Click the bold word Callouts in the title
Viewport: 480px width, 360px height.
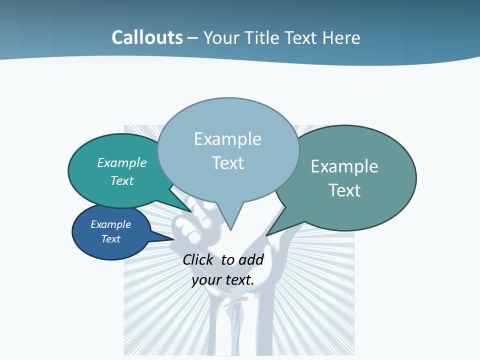tap(147, 37)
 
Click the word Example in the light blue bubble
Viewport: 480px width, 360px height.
tap(227, 139)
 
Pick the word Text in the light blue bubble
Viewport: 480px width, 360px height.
tap(227, 162)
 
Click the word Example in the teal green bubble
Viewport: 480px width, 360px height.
tap(122, 162)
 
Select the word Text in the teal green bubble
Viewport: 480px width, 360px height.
tap(122, 180)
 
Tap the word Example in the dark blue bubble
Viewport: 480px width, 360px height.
tap(110, 224)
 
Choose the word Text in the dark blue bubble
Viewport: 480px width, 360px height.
tap(110, 239)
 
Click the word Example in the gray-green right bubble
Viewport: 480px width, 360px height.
tap(344, 166)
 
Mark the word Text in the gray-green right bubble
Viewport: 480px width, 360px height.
tap(344, 190)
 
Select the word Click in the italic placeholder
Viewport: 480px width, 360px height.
tap(199, 259)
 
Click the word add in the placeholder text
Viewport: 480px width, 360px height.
tap(251, 259)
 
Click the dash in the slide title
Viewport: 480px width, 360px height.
tap(193, 38)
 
